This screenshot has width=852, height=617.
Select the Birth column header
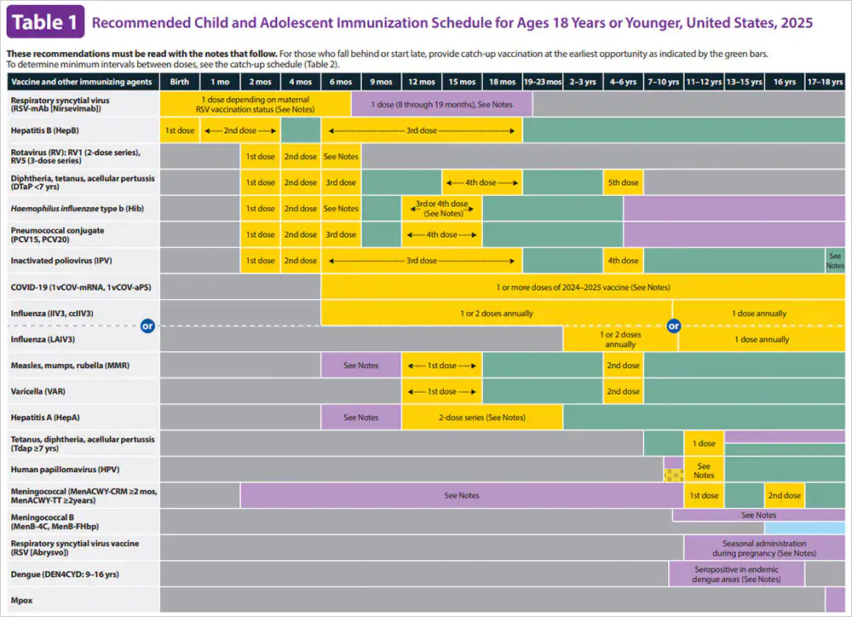click(x=180, y=82)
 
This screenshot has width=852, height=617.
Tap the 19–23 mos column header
click(x=543, y=82)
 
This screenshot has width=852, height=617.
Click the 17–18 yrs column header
click(x=825, y=82)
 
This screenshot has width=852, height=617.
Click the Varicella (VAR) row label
click(x=39, y=391)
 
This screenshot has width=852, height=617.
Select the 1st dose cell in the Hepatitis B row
click(x=180, y=130)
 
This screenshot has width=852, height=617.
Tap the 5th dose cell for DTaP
click(x=623, y=182)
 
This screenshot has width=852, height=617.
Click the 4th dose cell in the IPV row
click(x=623, y=261)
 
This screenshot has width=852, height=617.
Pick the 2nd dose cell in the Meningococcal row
click(x=784, y=495)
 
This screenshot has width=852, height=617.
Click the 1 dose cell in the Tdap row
click(x=704, y=443)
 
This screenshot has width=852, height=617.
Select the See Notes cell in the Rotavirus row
click(x=341, y=157)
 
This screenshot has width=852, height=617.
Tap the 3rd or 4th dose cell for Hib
click(x=441, y=209)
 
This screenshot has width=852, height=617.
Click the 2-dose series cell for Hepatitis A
click(x=481, y=418)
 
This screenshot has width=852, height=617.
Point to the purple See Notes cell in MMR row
click(x=361, y=366)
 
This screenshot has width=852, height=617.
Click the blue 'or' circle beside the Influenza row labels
click(x=147, y=326)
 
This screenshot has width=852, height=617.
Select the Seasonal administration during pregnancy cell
click(x=763, y=548)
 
